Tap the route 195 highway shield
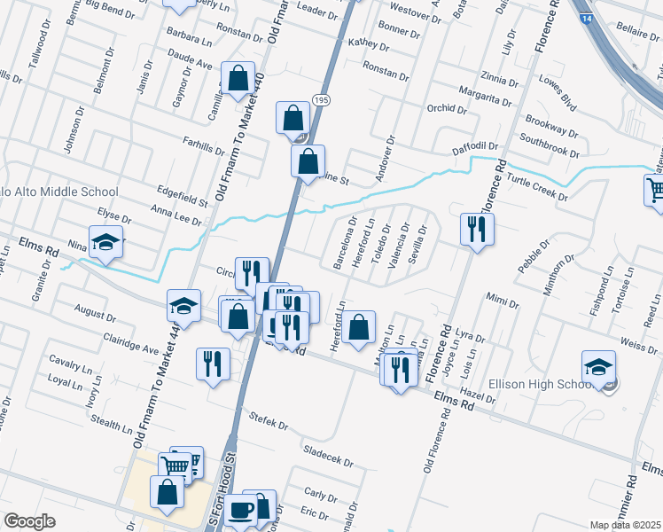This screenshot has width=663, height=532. point(322,102)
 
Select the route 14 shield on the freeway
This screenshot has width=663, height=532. point(586,18)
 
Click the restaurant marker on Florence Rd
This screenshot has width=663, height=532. point(477,229)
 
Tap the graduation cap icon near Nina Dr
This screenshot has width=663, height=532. point(106,243)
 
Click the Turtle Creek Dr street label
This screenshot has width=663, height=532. point(538,187)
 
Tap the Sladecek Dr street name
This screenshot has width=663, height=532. point(328,456)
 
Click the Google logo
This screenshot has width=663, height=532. point(30,521)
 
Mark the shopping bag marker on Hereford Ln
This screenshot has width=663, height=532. point(359,327)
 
